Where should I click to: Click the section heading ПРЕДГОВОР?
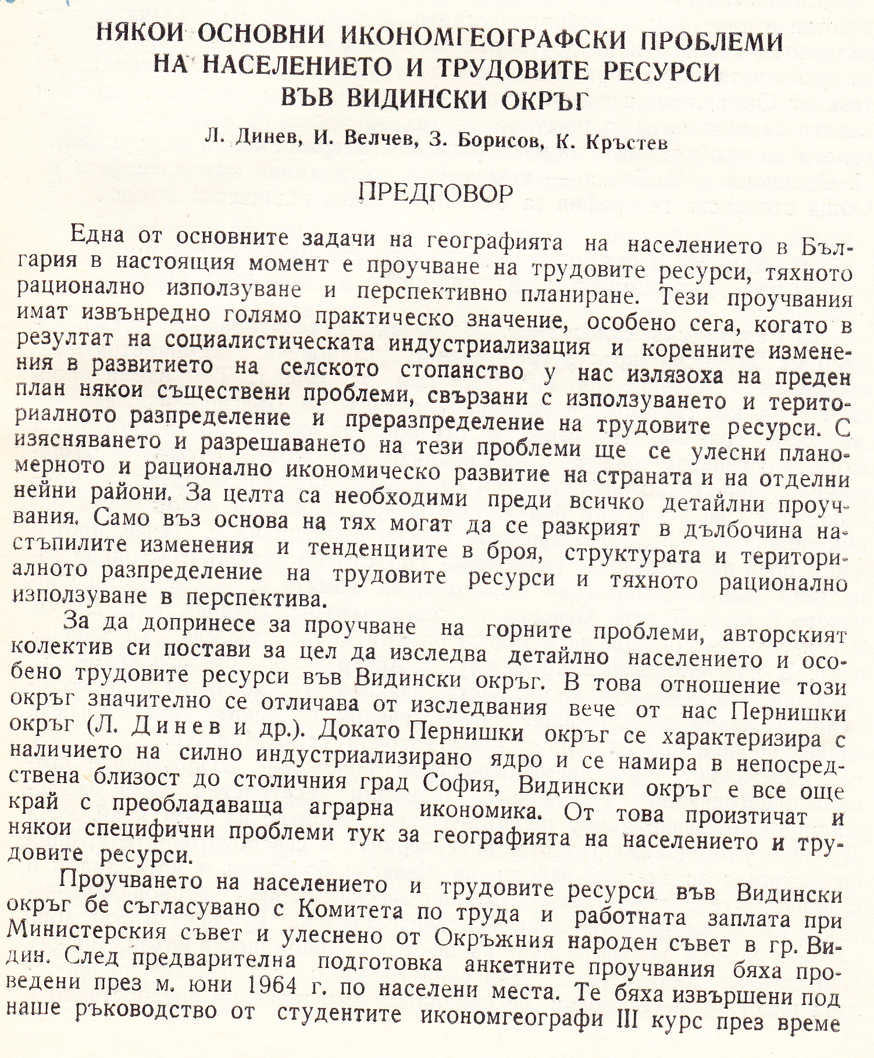coord(436,194)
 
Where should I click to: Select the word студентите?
coord(340,1013)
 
